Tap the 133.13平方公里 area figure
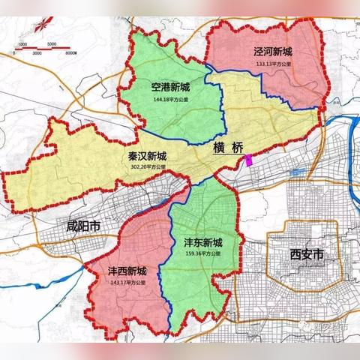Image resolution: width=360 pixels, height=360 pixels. [x=271, y=64]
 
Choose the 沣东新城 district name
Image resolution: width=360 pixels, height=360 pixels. [x=203, y=243]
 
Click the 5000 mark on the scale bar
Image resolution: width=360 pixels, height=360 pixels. [x=52, y=44]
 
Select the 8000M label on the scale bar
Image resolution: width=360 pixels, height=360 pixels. [x=73, y=54]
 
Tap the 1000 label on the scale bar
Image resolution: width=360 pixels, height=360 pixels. [x=23, y=44]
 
